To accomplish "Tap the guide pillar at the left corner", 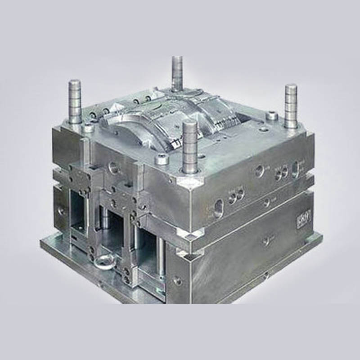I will [75, 102].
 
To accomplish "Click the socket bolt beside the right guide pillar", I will [271, 116].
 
